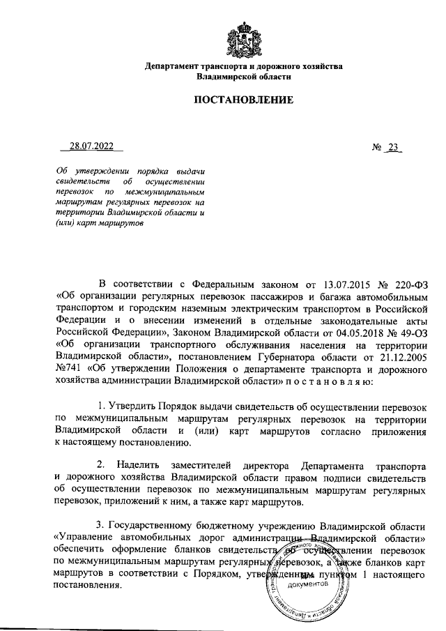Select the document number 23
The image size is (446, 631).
click(395, 147)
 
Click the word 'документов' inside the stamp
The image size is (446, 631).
click(307, 584)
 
